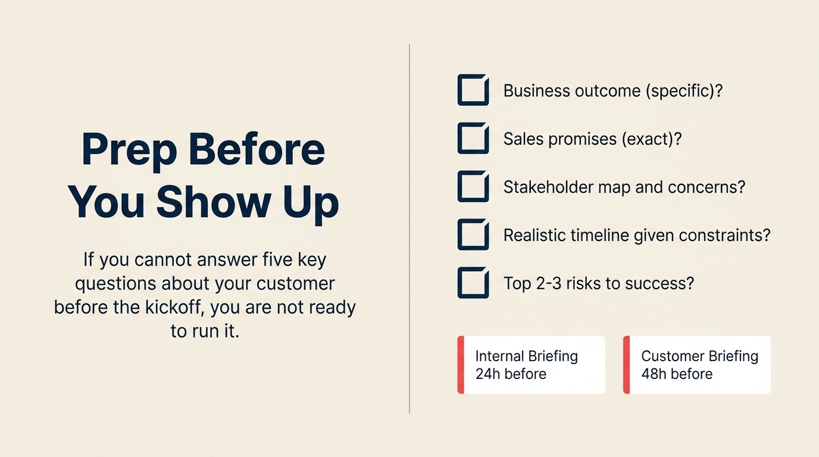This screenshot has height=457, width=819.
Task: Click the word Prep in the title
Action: point(129,151)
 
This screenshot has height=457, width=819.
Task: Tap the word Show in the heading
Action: point(214,202)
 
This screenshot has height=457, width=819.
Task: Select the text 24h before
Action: point(511,374)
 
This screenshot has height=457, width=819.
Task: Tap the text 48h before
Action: point(677,374)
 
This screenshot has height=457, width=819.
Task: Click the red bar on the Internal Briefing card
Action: point(461,365)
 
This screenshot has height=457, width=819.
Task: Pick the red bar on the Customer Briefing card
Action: point(626,365)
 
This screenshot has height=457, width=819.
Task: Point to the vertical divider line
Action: point(409,228)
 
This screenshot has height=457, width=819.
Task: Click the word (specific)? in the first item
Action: point(684,91)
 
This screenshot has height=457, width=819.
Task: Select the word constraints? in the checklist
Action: point(725,235)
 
